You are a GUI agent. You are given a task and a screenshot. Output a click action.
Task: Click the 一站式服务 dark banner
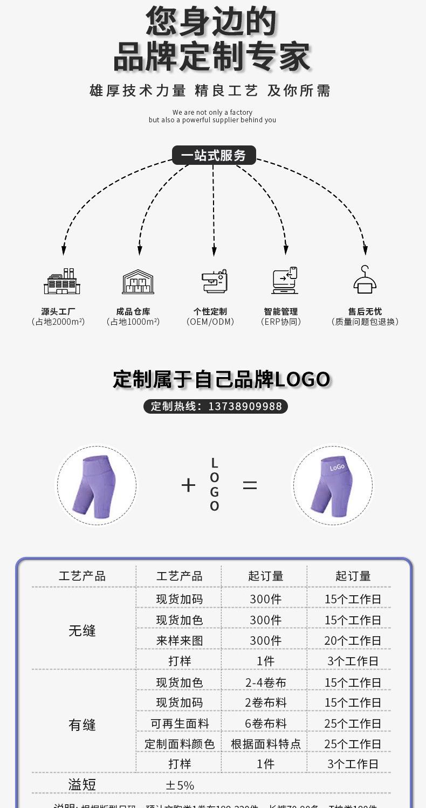[214, 155]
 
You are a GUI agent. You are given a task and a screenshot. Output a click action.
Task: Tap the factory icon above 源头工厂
[62, 282]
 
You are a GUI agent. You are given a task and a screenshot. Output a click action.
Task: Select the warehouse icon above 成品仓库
[138, 282]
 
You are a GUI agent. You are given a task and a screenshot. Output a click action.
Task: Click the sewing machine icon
[215, 281]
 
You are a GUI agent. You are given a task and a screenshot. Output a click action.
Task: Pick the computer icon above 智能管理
[285, 281]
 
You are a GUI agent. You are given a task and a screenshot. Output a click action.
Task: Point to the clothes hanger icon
[365, 280]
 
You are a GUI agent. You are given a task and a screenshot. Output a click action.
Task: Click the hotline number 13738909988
[245, 406]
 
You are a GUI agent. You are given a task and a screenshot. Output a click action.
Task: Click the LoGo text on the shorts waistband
[337, 467]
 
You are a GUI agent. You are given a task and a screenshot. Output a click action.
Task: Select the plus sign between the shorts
[188, 485]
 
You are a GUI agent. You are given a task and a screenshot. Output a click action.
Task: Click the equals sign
[250, 485]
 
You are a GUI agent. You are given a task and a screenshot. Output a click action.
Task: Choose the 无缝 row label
[82, 631]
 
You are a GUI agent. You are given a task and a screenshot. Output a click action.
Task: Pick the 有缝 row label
[82, 725]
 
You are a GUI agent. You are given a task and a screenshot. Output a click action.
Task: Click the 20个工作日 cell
[353, 640]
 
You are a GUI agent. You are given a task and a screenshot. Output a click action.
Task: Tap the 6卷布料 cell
[266, 723]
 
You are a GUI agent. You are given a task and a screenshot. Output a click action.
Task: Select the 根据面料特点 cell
[266, 744]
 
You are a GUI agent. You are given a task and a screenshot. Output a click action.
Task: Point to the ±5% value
[180, 785]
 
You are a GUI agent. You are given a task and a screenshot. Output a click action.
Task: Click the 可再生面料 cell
[180, 723]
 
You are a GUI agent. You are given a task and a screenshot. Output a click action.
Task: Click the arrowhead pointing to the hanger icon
[365, 250]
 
